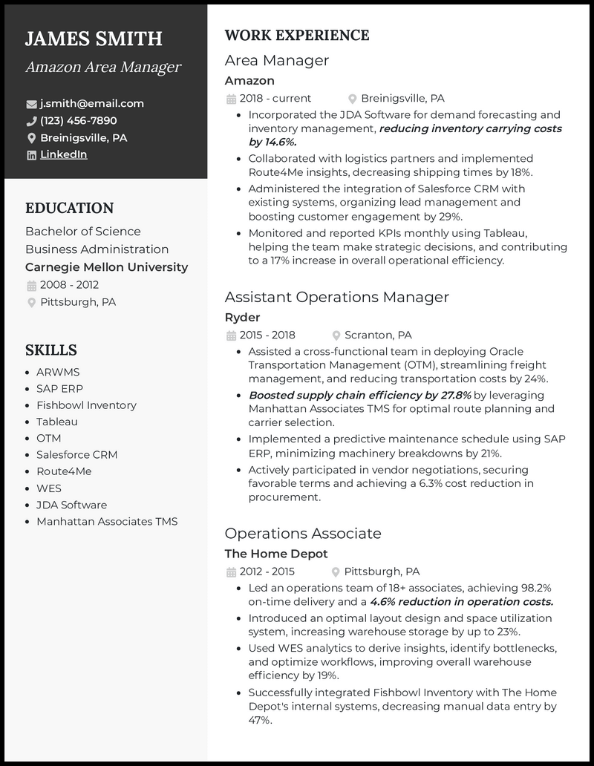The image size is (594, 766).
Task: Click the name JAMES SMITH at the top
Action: [94, 39]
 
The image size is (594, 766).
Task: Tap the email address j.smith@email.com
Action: [92, 104]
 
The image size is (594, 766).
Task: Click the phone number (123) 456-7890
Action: [78, 121]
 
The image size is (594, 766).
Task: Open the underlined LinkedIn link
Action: [63, 154]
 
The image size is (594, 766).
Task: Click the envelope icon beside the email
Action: [31, 104]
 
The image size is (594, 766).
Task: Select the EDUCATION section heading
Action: [69, 209]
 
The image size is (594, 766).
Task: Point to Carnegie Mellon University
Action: [106, 267]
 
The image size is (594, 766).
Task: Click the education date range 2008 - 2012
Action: [69, 285]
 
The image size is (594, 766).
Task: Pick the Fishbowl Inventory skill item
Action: [86, 405]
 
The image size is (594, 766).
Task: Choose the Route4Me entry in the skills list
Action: [63, 471]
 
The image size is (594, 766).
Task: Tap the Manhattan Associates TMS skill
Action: [107, 522]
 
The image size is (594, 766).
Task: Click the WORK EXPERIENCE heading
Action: [296, 36]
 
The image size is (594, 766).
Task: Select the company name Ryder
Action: [242, 318]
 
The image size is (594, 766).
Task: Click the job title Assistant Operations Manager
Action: [336, 298]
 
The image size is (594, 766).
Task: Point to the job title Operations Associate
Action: [303, 534]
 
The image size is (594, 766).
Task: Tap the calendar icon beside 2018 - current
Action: [231, 99]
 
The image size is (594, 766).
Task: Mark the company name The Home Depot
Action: [275, 554]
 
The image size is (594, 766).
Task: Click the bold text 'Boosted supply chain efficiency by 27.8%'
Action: [359, 396]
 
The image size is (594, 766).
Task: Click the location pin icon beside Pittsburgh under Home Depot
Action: [336, 572]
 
